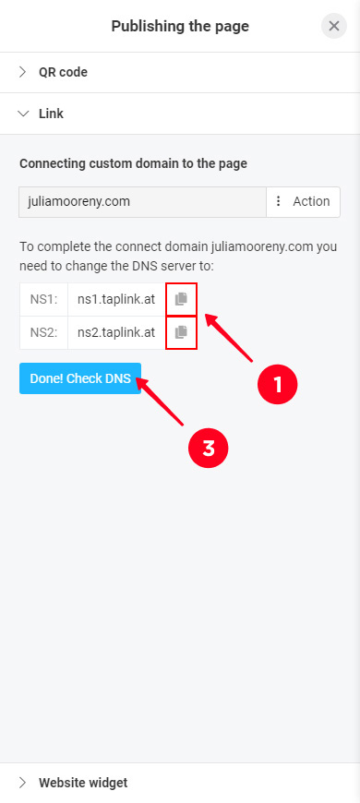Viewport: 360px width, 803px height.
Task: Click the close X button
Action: (x=334, y=26)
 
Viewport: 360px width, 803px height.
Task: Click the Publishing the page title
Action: (x=180, y=26)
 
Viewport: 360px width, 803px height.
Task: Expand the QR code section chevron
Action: (x=22, y=72)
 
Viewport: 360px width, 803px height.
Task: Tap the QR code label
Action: (x=63, y=72)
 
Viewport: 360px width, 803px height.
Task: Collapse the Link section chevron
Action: (x=23, y=114)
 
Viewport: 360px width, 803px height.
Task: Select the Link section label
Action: (x=51, y=114)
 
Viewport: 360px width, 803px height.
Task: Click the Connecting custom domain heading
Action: (x=133, y=164)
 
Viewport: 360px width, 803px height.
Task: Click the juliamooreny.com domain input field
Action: (x=142, y=202)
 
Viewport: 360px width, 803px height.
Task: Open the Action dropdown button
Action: (x=303, y=202)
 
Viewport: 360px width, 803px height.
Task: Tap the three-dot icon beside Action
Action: (x=279, y=201)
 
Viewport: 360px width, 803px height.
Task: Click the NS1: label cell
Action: (x=43, y=300)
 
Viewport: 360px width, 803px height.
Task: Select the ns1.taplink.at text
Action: (x=116, y=300)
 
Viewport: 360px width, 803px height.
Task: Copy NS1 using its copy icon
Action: (x=181, y=299)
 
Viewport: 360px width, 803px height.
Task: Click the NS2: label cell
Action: (x=43, y=333)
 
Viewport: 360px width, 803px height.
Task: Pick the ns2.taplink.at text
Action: (x=116, y=333)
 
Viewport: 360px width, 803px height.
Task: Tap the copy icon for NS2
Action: (x=181, y=332)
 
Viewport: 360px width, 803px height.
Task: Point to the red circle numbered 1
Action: (x=278, y=384)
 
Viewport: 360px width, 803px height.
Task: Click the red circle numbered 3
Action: (x=208, y=448)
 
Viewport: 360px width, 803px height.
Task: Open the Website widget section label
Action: (x=83, y=783)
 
